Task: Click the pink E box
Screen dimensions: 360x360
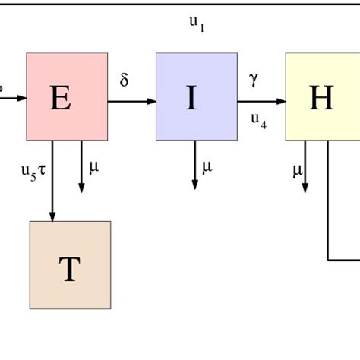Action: (x=67, y=96)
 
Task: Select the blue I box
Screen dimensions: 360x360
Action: (x=196, y=96)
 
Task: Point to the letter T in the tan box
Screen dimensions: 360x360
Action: (x=69, y=270)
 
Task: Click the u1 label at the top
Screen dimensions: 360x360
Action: (x=197, y=24)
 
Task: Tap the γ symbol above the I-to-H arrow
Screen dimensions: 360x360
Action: (x=253, y=78)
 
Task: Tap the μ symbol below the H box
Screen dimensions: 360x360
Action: (x=297, y=170)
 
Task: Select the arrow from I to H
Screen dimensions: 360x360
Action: (x=261, y=99)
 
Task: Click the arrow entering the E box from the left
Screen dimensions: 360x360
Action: (x=14, y=98)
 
